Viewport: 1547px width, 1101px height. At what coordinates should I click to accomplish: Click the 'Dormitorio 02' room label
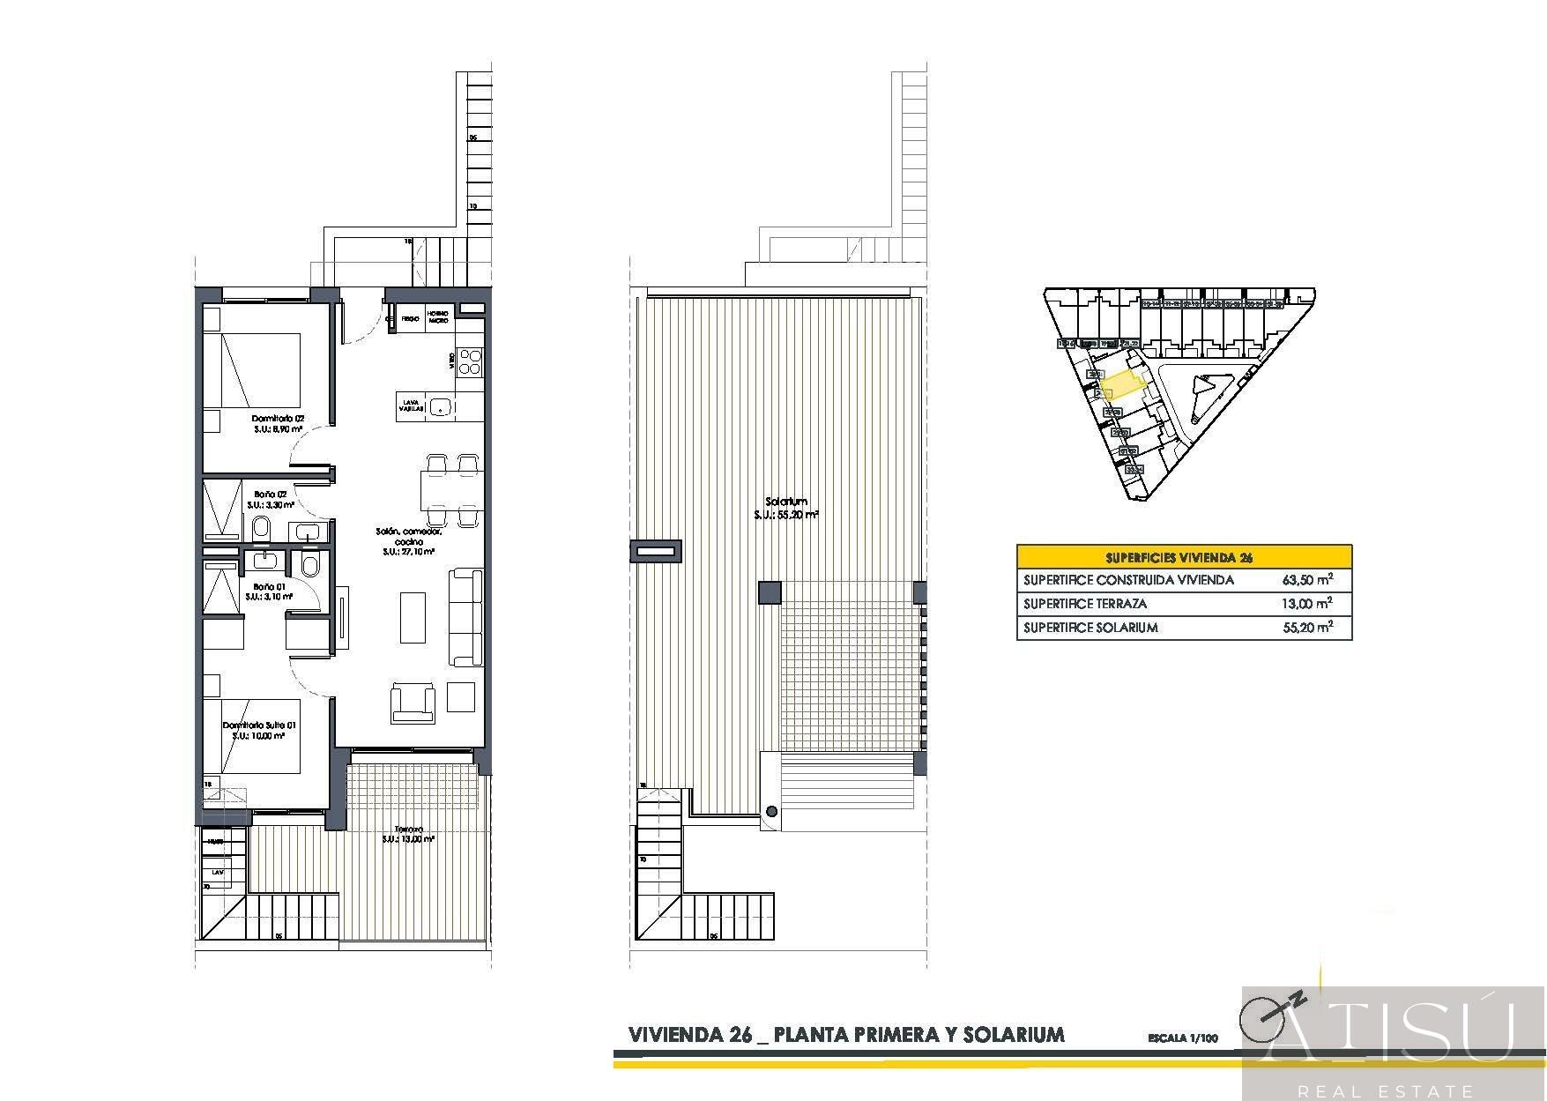pyautogui.click(x=278, y=419)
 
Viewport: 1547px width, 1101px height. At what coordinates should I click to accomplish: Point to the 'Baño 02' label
pyautogui.click(x=271, y=495)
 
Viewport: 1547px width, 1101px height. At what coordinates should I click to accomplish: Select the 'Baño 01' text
pyautogui.click(x=269, y=586)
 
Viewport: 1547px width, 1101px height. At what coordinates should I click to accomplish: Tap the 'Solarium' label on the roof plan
pyautogui.click(x=786, y=502)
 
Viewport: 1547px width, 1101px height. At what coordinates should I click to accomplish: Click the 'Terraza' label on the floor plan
pyautogui.click(x=408, y=829)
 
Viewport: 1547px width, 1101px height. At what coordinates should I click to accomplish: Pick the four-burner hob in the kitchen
pyautogui.click(x=471, y=361)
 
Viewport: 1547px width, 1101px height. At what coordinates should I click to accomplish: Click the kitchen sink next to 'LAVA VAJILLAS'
pyautogui.click(x=441, y=406)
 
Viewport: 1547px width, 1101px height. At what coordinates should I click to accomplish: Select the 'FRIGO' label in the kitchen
pyautogui.click(x=410, y=317)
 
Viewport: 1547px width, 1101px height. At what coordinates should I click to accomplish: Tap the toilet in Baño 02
pyautogui.click(x=261, y=528)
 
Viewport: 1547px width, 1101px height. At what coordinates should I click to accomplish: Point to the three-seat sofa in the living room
pyautogui.click(x=466, y=617)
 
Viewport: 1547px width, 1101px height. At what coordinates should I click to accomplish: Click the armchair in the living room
pyautogui.click(x=413, y=701)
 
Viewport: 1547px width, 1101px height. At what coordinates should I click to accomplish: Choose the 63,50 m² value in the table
pyautogui.click(x=1306, y=580)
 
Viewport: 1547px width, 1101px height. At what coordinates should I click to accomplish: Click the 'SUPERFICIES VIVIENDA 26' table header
pyautogui.click(x=1184, y=557)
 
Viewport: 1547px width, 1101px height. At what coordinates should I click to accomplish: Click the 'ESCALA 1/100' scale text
pyautogui.click(x=1182, y=1038)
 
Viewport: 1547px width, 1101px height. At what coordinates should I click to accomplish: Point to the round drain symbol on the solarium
pyautogui.click(x=771, y=812)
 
